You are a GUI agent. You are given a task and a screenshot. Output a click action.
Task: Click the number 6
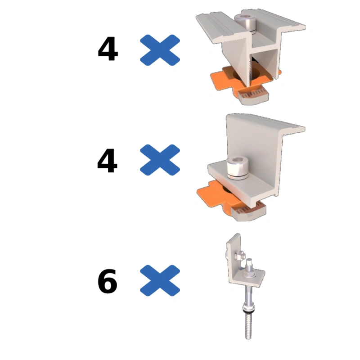click(108, 281)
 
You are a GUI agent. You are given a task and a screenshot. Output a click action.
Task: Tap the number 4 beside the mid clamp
click(108, 49)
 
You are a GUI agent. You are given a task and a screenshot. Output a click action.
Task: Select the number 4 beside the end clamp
click(107, 161)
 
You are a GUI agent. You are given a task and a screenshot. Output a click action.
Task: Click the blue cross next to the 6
click(160, 280)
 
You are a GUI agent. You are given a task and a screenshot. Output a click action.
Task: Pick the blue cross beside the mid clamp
click(160, 50)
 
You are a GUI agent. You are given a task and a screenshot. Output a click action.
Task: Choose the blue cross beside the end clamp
click(160, 160)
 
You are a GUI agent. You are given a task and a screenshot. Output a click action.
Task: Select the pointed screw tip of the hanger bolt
click(248, 338)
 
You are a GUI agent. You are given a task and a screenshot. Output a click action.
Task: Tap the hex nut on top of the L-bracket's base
click(249, 272)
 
